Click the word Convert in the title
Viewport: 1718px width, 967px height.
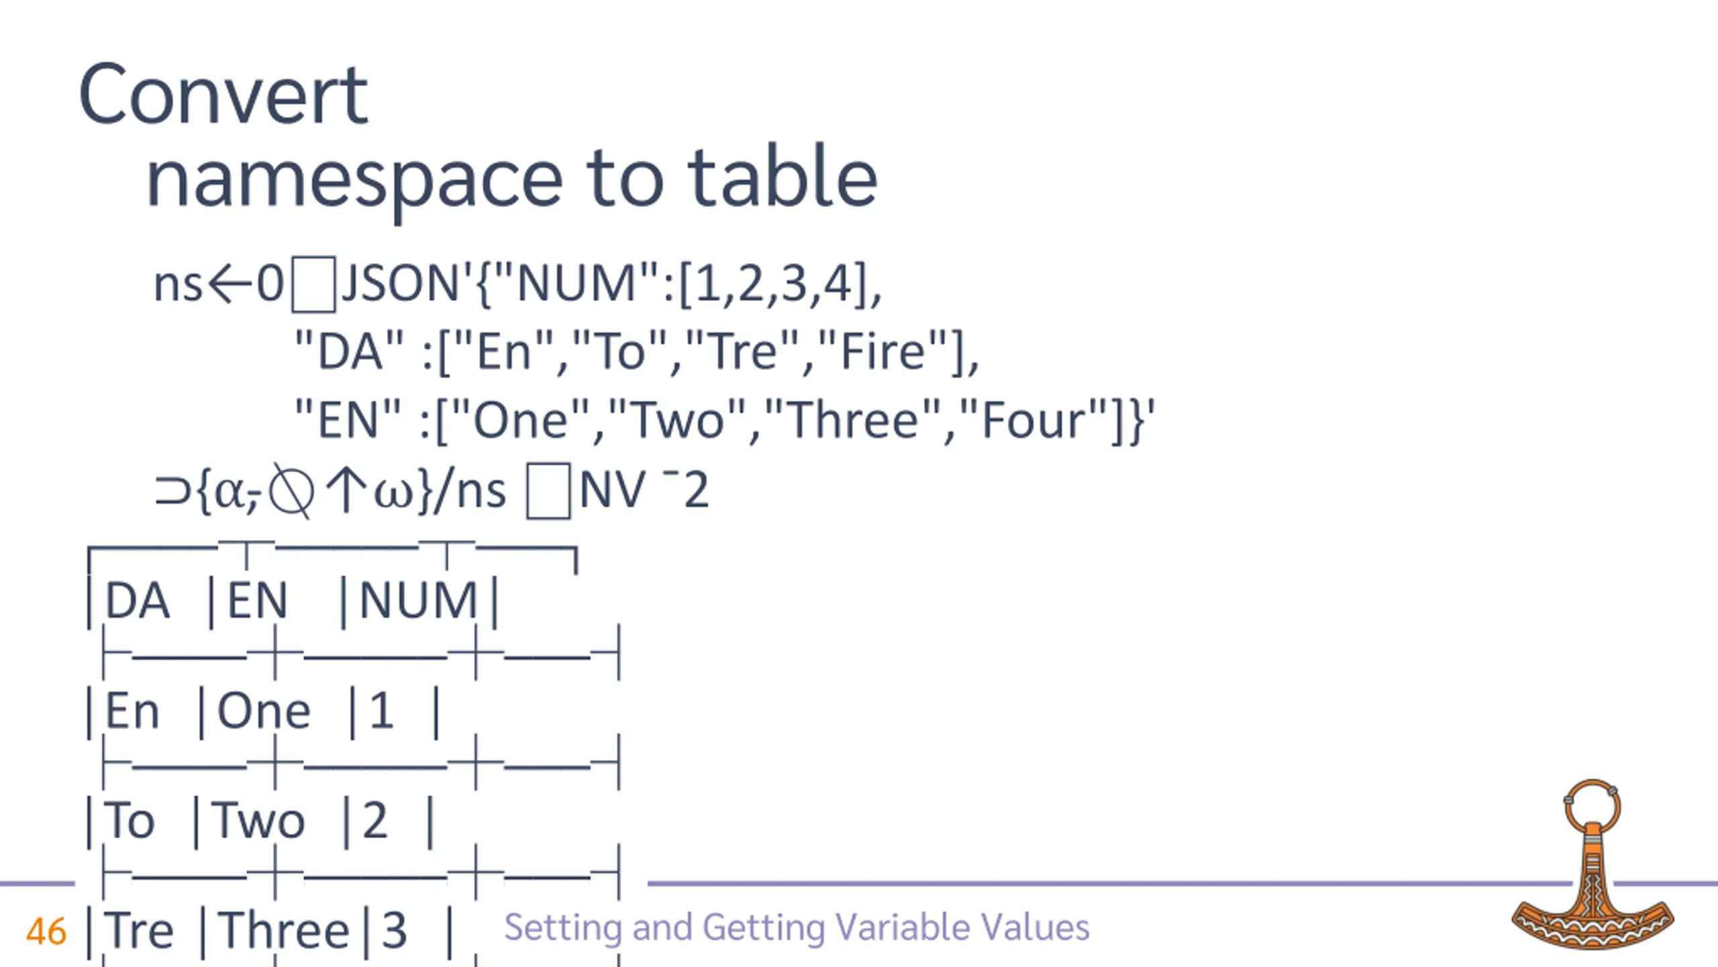[223, 95]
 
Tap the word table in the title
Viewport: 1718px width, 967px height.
[782, 177]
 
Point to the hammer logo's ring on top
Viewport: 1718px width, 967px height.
[1593, 806]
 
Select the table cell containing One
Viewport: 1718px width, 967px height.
[264, 711]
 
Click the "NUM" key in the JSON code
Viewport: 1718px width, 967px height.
[576, 284]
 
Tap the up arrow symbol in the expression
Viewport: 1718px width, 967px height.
[346, 490]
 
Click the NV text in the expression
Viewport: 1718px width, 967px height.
[611, 491]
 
